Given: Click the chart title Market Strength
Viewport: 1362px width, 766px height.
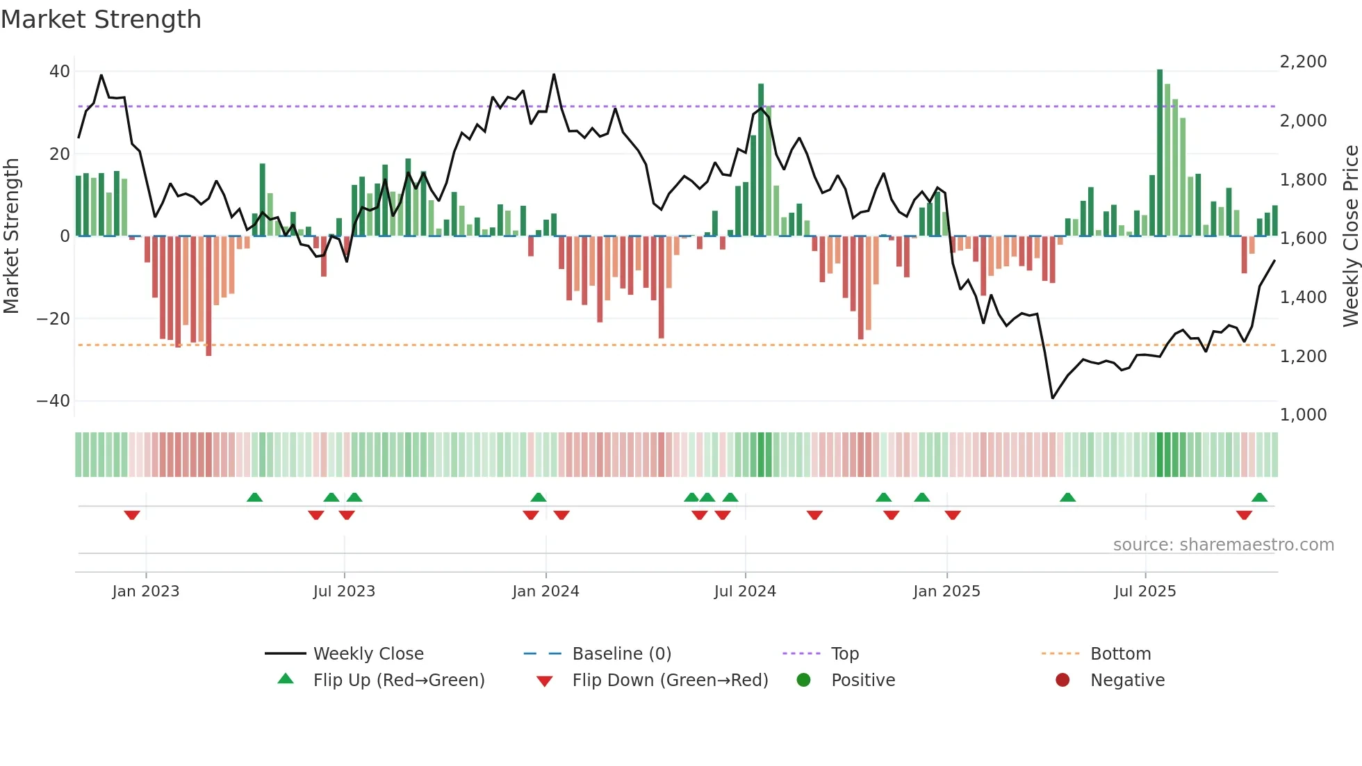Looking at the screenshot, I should click(x=101, y=19).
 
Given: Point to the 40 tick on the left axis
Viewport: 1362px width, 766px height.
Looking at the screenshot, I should click(x=60, y=72).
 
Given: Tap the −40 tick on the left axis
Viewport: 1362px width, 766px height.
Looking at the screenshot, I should click(x=54, y=401).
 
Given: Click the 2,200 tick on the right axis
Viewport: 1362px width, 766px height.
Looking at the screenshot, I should click(x=1303, y=62).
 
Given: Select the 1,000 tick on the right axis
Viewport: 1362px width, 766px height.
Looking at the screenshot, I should click(x=1303, y=415).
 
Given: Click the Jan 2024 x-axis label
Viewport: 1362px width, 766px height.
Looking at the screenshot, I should click(x=545, y=592).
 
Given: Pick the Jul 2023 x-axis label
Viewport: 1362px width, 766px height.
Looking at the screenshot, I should click(x=344, y=592).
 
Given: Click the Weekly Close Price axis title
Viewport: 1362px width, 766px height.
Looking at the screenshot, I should click(x=1350, y=236).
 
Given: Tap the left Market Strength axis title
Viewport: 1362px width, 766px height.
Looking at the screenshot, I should click(x=11, y=236).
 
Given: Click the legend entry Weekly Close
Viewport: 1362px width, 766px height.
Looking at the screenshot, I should click(x=368, y=654).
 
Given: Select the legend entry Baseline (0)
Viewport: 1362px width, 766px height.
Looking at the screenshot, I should click(x=621, y=654).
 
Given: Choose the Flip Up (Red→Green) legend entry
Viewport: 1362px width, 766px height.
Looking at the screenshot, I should click(x=398, y=681).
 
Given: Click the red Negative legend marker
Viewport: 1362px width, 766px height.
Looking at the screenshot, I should click(x=1062, y=681).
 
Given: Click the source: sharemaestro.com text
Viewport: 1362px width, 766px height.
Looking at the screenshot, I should click(x=1223, y=545).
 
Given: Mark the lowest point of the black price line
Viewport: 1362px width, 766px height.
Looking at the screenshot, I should click(x=1053, y=398).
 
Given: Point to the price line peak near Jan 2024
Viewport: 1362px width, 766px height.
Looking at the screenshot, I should click(x=554, y=74).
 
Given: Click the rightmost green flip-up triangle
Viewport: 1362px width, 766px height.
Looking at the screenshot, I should click(x=1259, y=497).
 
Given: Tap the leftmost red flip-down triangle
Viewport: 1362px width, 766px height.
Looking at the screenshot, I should click(x=132, y=515).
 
